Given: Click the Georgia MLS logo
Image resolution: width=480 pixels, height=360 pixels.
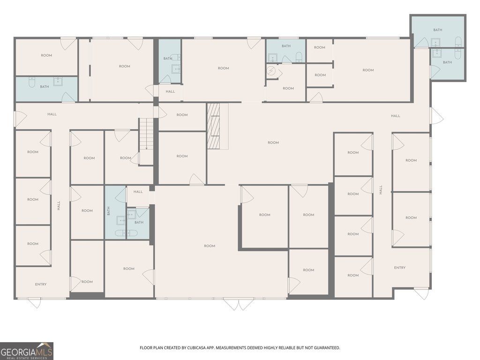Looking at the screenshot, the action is point(27,351).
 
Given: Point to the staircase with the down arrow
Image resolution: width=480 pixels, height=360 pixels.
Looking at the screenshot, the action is point(146,134).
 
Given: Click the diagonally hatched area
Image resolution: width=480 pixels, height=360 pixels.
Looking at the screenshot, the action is point(213,126).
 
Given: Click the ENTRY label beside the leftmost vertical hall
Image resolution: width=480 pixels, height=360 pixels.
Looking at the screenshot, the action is point(41,285).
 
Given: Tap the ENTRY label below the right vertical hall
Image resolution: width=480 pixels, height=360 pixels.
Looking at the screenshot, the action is point(399,268).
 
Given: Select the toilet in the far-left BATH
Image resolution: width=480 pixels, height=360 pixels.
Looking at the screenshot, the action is point(32,82).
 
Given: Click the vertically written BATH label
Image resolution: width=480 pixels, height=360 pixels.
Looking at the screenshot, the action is point(108,211).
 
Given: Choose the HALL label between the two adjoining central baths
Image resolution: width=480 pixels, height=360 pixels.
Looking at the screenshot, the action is point(138,192).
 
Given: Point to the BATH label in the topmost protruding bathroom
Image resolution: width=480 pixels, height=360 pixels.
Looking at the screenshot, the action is point(437,30).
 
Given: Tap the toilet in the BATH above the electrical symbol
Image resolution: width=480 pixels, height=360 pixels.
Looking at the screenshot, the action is point(299,57).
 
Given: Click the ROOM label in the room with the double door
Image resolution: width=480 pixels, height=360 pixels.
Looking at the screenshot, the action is point(210,246).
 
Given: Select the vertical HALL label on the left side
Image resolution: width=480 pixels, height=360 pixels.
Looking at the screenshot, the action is point(59,205).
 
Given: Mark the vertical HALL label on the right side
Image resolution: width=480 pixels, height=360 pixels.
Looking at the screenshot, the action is point(381,190).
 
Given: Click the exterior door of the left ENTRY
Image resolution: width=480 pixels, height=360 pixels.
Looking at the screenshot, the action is point(34,303).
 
